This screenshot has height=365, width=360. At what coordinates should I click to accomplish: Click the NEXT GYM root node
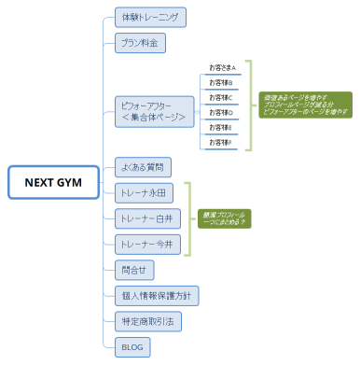pos(52,183)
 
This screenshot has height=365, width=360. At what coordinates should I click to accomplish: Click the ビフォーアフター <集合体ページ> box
pos(154,111)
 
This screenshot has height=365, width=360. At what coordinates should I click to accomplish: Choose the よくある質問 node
pos(143,168)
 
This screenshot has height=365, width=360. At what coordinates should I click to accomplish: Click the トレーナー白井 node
pos(146,218)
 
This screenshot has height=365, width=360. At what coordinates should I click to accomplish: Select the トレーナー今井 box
pos(146,244)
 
